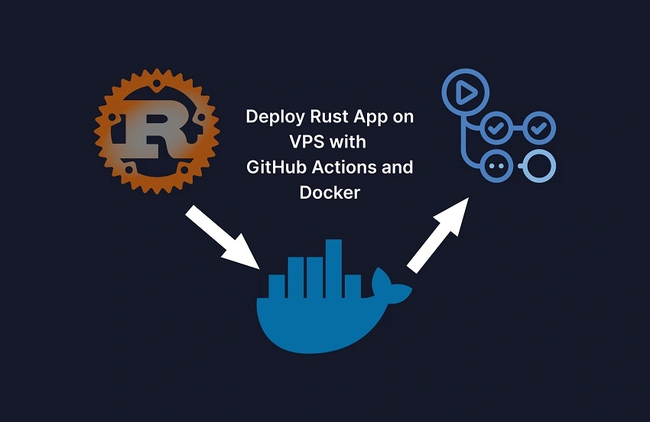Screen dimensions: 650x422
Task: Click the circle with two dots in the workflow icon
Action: [x=497, y=165]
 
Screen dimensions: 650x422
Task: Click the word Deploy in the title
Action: [x=272, y=118]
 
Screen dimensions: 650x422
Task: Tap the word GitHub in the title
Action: [x=272, y=167]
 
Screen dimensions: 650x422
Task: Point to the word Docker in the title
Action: [x=330, y=193]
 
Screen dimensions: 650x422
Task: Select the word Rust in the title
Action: [x=327, y=118]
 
